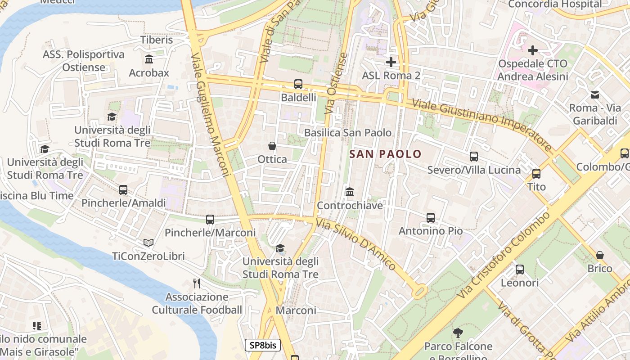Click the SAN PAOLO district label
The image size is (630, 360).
pyautogui.click(x=385, y=154)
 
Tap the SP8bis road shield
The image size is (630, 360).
pyautogui.click(x=263, y=346)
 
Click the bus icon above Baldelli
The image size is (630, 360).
pyautogui.click(x=298, y=84)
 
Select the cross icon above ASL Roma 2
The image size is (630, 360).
pyautogui.click(x=391, y=62)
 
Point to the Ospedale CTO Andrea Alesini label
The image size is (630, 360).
pyautogui.click(x=532, y=70)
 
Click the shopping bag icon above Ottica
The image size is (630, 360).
pyautogui.click(x=272, y=146)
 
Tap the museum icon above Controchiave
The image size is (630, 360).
pyautogui.click(x=349, y=192)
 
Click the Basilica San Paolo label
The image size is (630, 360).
pyautogui.click(x=348, y=133)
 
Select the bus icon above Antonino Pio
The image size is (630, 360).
pyautogui.click(x=430, y=218)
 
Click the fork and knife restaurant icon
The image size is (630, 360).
pyautogui.click(x=196, y=283)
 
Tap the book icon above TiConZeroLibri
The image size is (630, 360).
pyautogui.click(x=148, y=243)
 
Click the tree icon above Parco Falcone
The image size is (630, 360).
pyautogui.click(x=458, y=333)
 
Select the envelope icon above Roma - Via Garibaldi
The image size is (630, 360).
pyautogui.click(x=595, y=95)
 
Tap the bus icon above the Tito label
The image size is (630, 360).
pyautogui.click(x=536, y=174)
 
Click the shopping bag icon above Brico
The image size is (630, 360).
pyautogui.click(x=600, y=256)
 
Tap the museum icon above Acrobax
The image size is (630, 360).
pyautogui.click(x=149, y=59)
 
